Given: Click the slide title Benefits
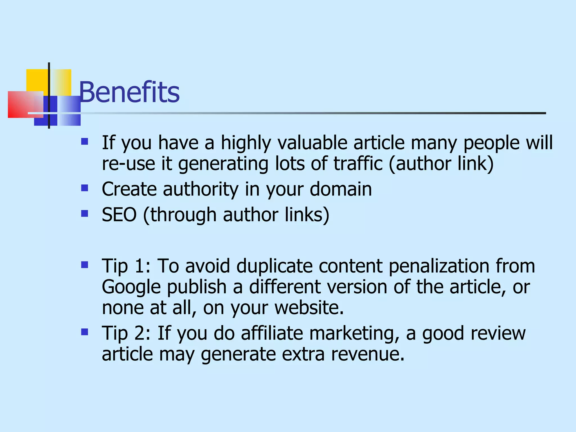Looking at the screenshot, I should pos(129,92).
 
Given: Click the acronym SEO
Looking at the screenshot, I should pos(119,215).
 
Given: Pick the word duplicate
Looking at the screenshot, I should pos(274,266).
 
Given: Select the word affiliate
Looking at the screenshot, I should pos(272,333).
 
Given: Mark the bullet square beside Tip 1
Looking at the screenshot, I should pos(84,265).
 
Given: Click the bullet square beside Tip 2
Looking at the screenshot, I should pos(84,332).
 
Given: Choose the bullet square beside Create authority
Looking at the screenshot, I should pos(84,188).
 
